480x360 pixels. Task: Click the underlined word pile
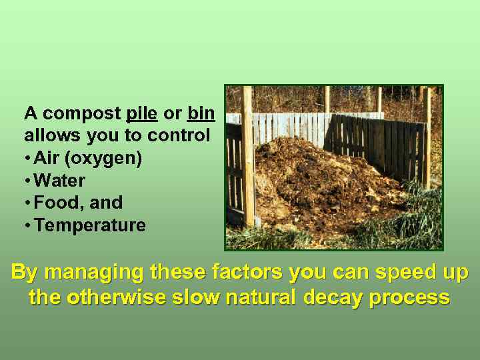pyautogui.click(x=141, y=113)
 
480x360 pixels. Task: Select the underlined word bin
pyautogui.click(x=201, y=113)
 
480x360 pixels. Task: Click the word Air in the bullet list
pyautogui.click(x=47, y=159)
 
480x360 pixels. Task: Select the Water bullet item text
pyautogui.click(x=59, y=181)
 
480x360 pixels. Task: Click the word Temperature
pyautogui.click(x=90, y=225)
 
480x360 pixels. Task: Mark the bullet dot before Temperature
pyautogui.click(x=27, y=226)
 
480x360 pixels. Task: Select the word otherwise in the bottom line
pyautogui.click(x=131, y=297)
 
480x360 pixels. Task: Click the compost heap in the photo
pyautogui.click(x=313, y=180)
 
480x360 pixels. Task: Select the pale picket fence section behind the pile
pyautogui.click(x=287, y=127)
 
